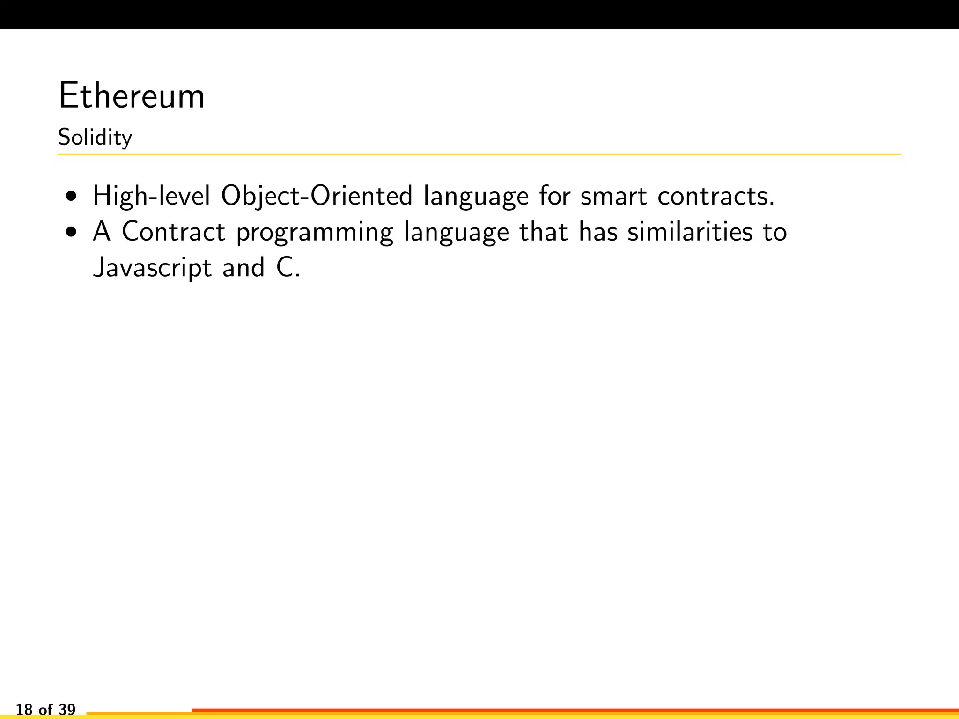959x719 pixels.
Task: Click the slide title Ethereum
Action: (x=132, y=96)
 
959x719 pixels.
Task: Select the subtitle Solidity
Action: (x=95, y=138)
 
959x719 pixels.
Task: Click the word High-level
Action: (x=151, y=196)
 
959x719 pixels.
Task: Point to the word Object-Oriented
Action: (x=317, y=196)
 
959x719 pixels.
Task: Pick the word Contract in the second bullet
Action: (x=173, y=232)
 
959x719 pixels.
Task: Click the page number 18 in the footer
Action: (x=24, y=710)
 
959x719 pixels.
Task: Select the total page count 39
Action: (x=67, y=710)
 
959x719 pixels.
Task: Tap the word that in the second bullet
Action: (x=544, y=232)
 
